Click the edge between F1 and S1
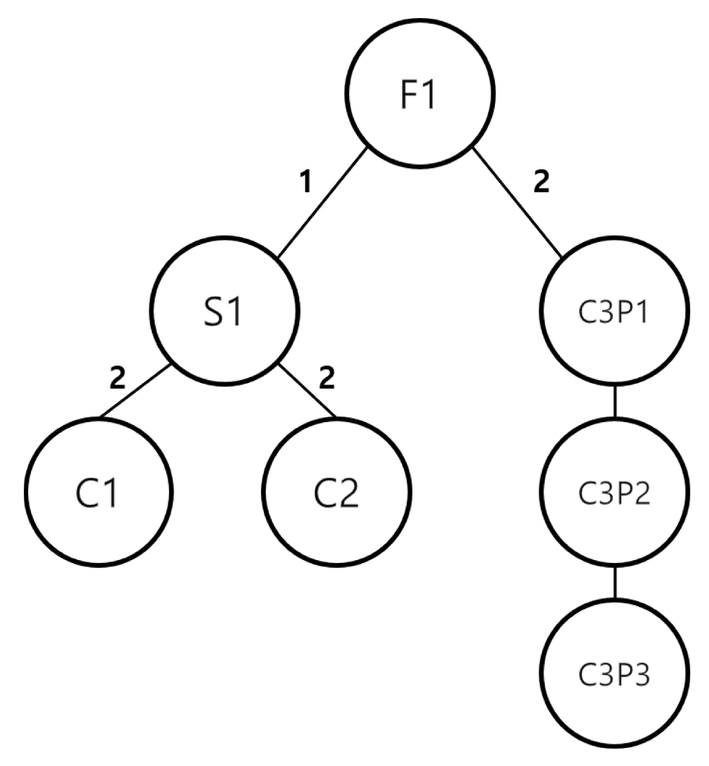point(322,202)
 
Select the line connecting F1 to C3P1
point(517,202)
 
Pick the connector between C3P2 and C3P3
point(615,583)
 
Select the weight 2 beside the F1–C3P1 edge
point(541,183)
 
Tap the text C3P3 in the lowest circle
point(615,675)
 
